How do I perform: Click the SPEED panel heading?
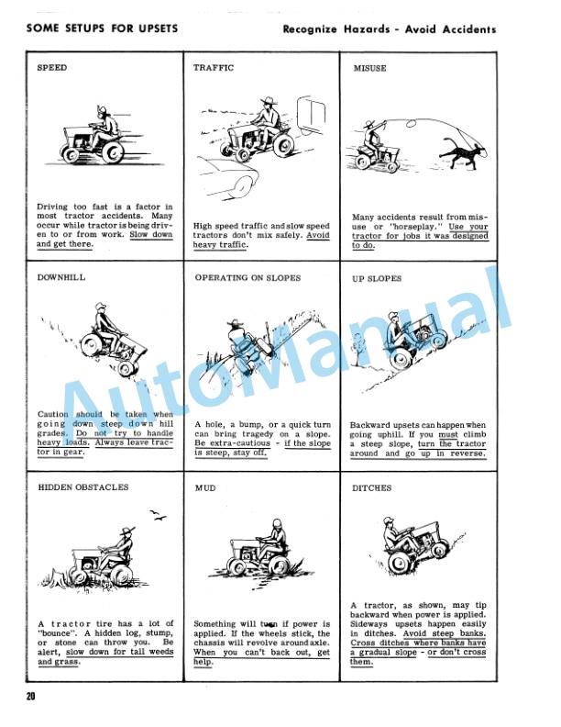(51, 68)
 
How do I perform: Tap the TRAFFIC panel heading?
(214, 68)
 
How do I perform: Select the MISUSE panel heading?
(369, 68)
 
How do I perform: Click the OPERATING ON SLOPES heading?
(246, 278)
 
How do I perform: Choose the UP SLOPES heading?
(377, 278)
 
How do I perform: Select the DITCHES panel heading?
(371, 488)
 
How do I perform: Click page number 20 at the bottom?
(31, 698)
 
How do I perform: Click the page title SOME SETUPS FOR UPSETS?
(102, 28)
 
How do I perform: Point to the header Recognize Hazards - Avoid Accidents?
(390, 29)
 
